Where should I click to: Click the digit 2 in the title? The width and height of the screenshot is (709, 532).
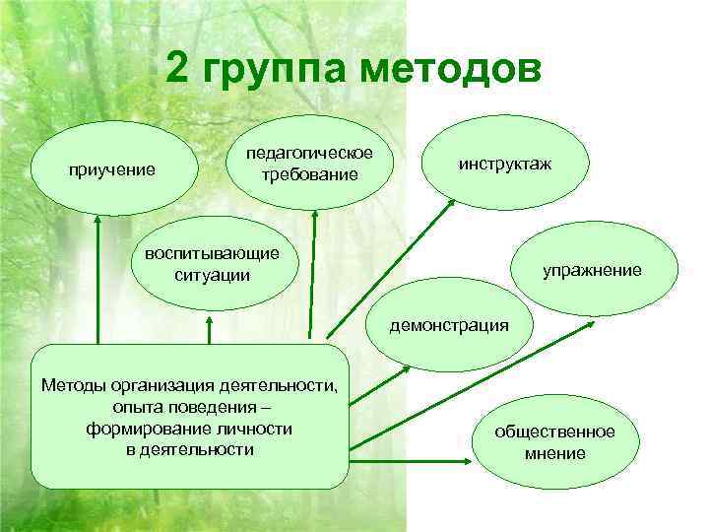(x=178, y=70)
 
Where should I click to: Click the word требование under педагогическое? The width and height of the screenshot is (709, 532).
(x=309, y=174)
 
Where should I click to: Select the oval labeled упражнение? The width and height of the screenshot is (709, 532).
(x=592, y=269)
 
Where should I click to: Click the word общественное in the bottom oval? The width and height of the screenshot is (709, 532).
(x=554, y=432)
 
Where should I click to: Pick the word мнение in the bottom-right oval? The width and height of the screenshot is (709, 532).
(x=554, y=453)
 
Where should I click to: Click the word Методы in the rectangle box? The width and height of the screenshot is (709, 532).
(x=73, y=384)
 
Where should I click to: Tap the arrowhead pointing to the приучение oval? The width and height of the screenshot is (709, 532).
(x=97, y=223)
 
